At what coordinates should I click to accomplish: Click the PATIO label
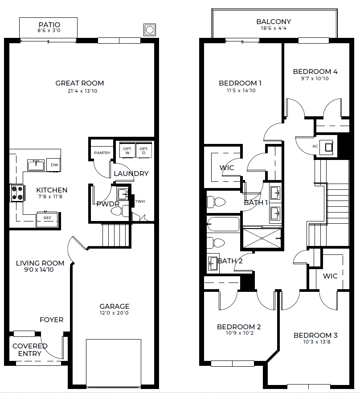coord(49,25)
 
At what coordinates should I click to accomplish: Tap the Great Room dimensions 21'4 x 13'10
coord(82,91)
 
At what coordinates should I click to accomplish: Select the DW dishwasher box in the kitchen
coord(53,165)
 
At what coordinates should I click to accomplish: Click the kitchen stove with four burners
coord(17,193)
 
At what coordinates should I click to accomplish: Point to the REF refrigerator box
coord(47,220)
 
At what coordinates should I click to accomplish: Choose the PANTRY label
coord(102,153)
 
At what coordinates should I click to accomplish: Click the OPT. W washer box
coord(127,151)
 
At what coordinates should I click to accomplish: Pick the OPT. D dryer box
coord(144,151)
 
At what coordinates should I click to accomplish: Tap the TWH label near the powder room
coord(140,201)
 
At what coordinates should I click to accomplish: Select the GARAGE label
coord(115,306)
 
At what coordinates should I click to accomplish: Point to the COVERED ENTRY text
coord(30,350)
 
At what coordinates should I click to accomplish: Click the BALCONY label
coord(274,22)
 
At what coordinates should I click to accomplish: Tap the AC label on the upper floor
coord(315,146)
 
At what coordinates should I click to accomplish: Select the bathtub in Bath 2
coord(223,224)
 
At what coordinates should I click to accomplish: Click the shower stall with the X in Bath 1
coord(262,238)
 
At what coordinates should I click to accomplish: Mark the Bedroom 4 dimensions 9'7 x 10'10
coord(315,78)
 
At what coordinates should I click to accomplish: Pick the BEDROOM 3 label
coord(315,336)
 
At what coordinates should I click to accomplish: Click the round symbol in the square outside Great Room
coord(150,30)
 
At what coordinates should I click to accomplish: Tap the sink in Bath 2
coord(213,263)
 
